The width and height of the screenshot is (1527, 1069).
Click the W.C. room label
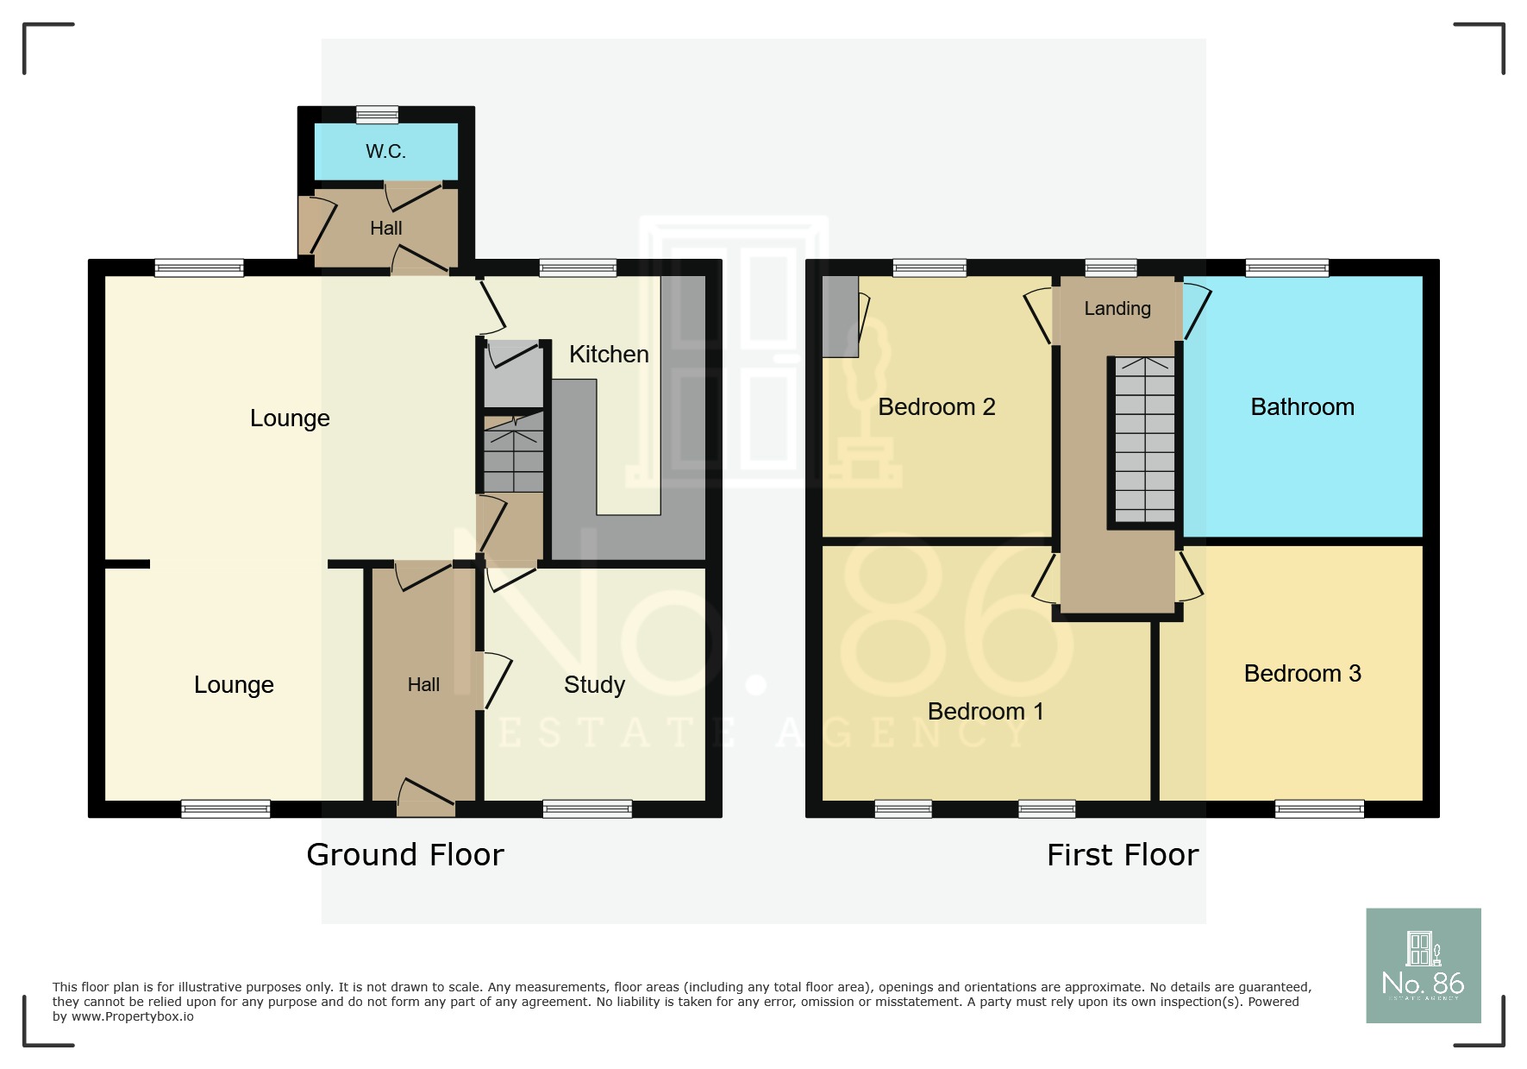385,152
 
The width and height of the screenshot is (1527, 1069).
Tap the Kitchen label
609,355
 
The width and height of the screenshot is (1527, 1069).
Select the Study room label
594,685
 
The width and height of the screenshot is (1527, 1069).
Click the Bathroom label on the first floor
1302,407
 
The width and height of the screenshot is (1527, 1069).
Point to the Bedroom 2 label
936,407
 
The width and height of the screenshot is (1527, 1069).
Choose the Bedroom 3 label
1302,674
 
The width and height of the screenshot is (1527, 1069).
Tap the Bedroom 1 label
986,712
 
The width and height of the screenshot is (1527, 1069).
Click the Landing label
1117,309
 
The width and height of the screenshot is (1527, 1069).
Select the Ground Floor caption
405,855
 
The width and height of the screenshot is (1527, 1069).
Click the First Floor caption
1123,855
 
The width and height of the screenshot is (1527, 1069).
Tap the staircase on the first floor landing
1145,440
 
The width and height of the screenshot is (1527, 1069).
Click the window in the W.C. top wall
378,115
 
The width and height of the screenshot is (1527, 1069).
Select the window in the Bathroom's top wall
1287,268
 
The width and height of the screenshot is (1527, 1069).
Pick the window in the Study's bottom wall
587,808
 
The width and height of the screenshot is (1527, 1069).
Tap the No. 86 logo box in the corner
1423,965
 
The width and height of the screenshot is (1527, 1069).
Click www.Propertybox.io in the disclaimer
133,1017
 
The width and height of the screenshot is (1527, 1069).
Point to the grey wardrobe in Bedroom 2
840,317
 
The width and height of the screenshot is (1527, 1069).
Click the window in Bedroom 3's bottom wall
1319,808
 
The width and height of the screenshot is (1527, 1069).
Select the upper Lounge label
290,418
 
